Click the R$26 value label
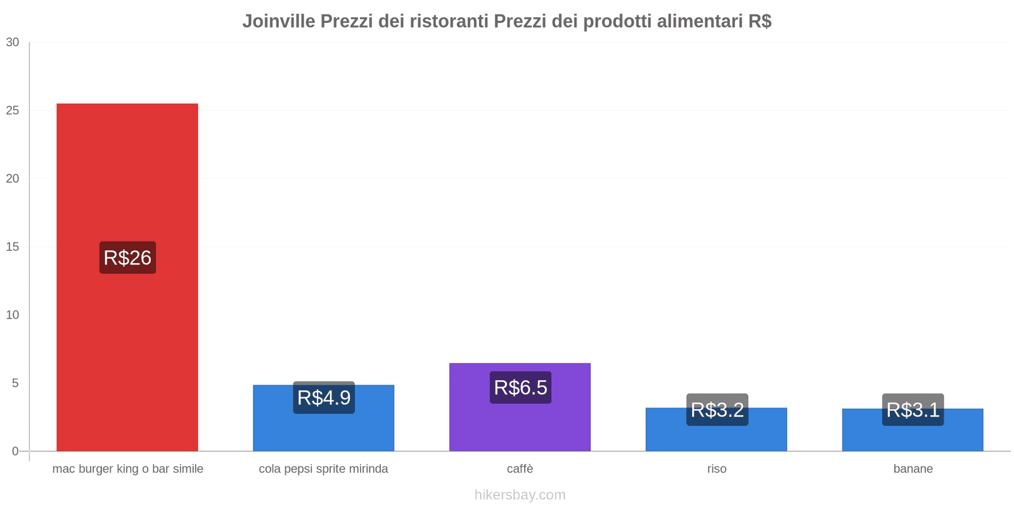[x=127, y=257]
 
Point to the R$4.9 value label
[x=324, y=397]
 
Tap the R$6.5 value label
[x=520, y=387]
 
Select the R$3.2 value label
[x=717, y=409]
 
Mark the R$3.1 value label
[x=913, y=409]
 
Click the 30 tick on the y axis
[x=13, y=42]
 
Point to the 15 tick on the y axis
[x=13, y=247]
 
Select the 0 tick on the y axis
[x=15, y=451]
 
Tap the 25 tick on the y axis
[x=13, y=111]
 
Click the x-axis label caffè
[x=520, y=469]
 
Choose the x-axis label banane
[x=913, y=469]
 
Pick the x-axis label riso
[x=717, y=469]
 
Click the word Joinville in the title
[x=278, y=22]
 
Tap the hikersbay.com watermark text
[x=520, y=495]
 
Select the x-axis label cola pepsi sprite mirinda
[x=323, y=469]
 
